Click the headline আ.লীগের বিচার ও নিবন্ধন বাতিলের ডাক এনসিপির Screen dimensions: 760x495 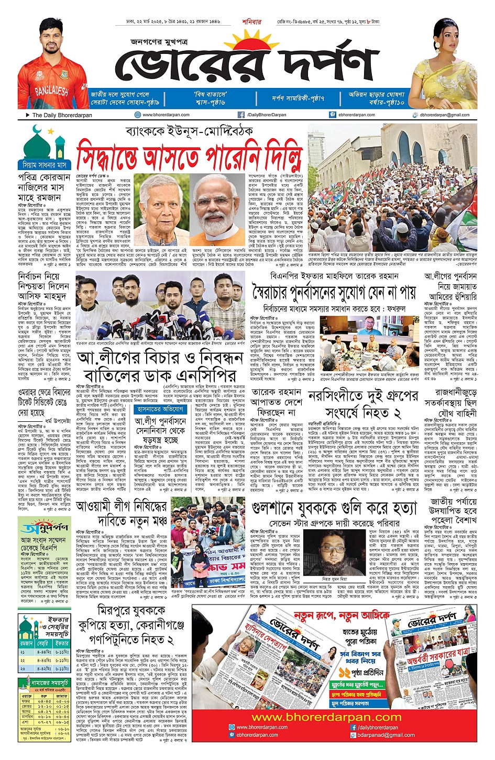[x=160, y=366]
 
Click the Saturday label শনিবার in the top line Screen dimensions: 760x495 [x=251, y=22]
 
